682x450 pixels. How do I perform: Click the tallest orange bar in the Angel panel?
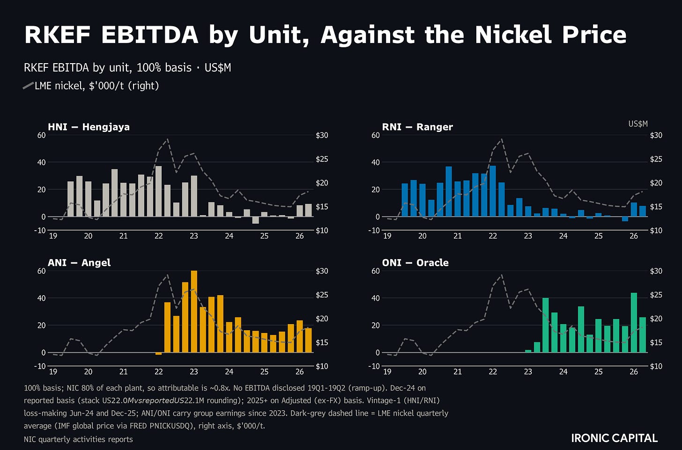pos(194,312)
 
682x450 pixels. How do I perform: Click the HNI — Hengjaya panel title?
pos(89,127)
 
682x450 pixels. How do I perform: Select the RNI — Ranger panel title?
pos(417,127)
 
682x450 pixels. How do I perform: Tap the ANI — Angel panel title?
pos(79,262)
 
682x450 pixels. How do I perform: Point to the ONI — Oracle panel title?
pos(415,262)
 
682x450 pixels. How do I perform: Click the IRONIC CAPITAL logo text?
pos(615,438)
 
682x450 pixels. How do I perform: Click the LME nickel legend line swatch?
pos(28,86)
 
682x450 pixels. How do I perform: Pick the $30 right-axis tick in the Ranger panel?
pos(656,135)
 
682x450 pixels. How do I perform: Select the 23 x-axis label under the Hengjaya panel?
pos(194,236)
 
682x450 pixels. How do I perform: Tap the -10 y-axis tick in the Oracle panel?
pos(374,366)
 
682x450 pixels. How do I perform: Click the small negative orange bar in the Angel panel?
pos(159,354)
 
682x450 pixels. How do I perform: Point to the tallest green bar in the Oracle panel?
pos(634,323)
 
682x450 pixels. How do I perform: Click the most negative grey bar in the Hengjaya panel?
pos(256,220)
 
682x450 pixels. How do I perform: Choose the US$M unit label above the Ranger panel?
pos(638,124)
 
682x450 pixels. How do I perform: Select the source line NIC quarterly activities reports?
pos(78,439)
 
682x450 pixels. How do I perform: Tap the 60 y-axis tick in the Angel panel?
pos(41,271)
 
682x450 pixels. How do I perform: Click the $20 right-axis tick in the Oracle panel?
pos(656,319)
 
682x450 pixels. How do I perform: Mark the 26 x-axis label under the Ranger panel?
pos(634,236)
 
